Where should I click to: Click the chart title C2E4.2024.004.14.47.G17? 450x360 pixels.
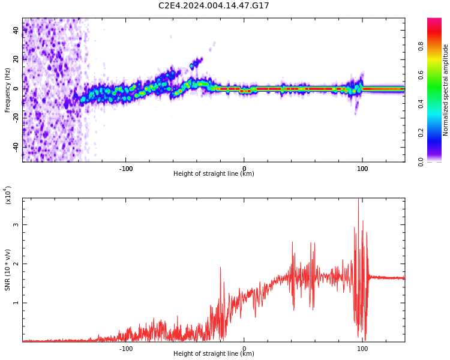coord(214,5)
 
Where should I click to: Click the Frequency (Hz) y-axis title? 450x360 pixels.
coord(8,90)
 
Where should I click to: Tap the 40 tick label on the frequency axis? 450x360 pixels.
coord(16,30)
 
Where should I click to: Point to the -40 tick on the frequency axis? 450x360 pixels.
coord(14,146)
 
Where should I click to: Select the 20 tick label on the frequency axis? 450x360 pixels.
coord(16,59)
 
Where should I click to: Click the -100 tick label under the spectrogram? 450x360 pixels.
coord(125,169)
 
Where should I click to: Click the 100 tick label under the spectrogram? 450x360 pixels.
coord(362,169)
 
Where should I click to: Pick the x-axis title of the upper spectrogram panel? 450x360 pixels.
coord(214,174)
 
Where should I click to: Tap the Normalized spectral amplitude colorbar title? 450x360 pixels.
coord(446,90)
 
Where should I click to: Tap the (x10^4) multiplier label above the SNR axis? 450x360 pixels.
coord(8,195)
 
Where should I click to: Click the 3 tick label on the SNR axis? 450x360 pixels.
coord(17,225)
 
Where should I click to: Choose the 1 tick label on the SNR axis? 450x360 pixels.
coord(17,303)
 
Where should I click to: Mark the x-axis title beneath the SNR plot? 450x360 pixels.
coord(214,354)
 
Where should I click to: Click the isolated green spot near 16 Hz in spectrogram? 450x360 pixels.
coord(192,65)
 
